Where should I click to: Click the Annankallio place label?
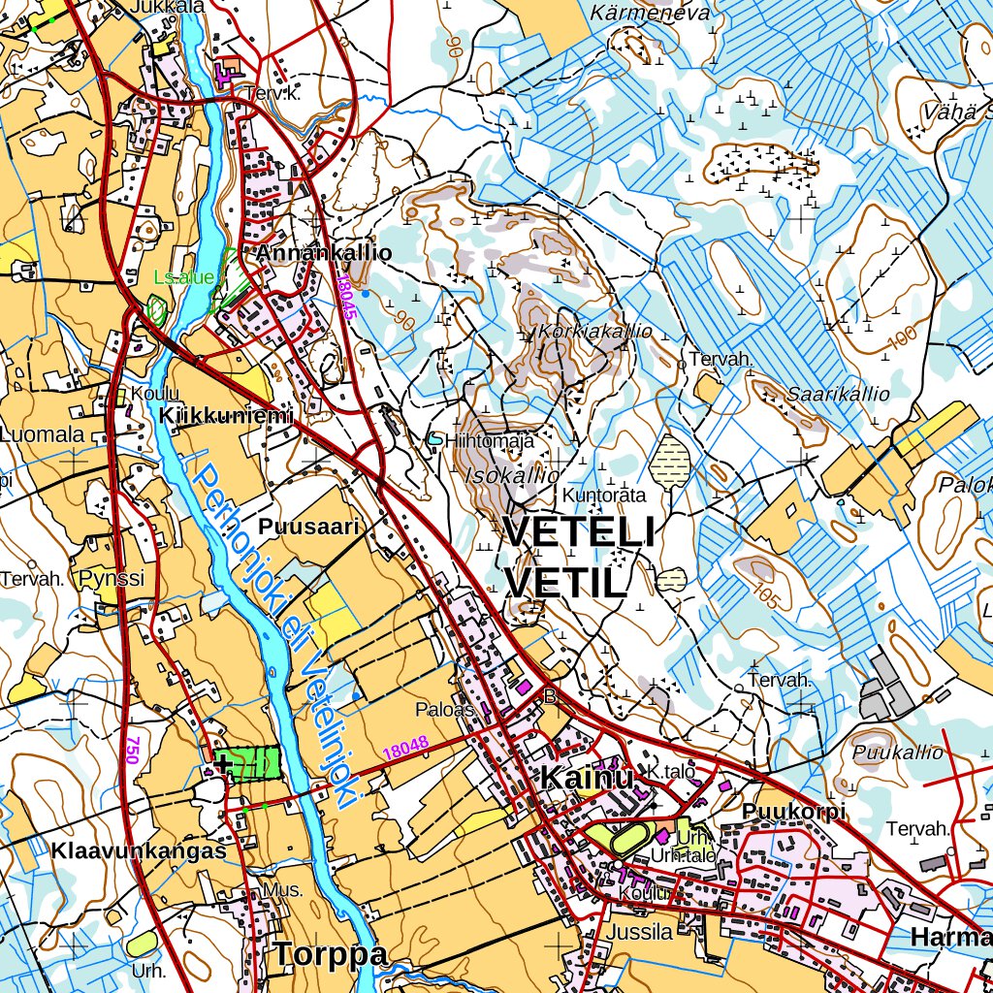(x=324, y=253)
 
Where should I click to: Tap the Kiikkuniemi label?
(x=227, y=416)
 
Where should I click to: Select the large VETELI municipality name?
(x=579, y=532)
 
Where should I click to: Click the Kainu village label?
(x=587, y=778)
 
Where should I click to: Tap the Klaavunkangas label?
(x=140, y=851)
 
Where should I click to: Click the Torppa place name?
(x=330, y=954)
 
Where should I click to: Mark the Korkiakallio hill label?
(x=595, y=331)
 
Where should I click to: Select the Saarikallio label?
(x=838, y=394)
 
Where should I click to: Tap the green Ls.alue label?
(x=183, y=277)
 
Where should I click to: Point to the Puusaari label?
(x=309, y=527)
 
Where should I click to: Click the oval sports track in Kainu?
(x=628, y=838)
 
